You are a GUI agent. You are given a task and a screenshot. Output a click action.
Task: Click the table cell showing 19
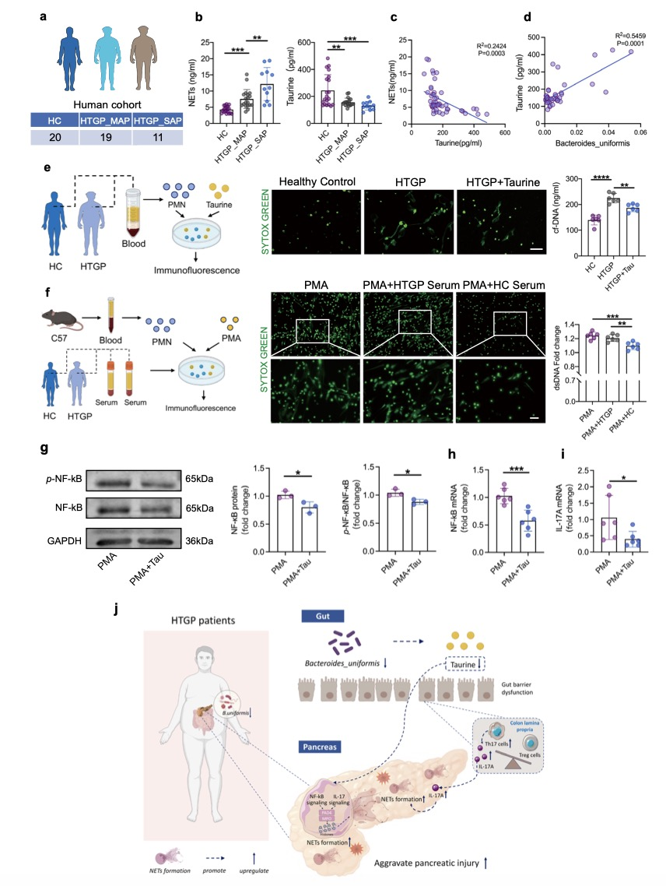coord(107,137)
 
